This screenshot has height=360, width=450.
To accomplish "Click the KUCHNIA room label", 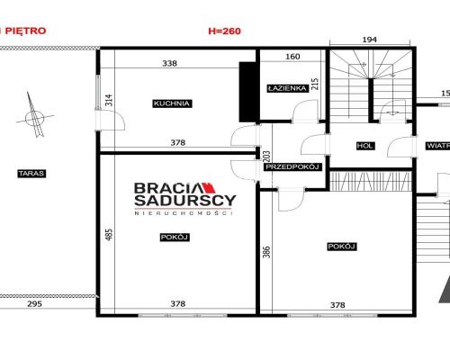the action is tap(172, 103).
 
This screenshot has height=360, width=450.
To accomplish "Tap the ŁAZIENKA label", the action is tap(287, 88).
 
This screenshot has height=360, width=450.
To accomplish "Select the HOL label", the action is tap(365, 146).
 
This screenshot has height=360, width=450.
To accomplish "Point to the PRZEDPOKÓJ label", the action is tap(292, 166).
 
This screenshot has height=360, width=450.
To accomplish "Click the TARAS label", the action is tap(31, 174).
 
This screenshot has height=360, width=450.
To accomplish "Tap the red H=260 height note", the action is tap(225, 31).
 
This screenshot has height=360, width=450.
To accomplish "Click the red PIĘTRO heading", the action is tap(26, 31).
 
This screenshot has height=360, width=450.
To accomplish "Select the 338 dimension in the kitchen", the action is tap(170, 63).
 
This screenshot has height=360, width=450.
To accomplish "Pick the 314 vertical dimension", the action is tap(109, 100).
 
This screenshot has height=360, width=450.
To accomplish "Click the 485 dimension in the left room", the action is tap(109, 234).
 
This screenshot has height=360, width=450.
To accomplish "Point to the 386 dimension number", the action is tap(266, 252).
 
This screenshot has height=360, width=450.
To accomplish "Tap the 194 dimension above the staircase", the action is tap(370, 40).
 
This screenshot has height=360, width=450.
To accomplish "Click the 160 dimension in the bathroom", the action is tap(292, 57).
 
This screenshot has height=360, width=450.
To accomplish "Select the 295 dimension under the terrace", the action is tap(35, 304).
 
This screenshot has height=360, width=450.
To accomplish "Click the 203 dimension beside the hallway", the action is tap(266, 157).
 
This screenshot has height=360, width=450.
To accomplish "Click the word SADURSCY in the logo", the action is tap(185, 201).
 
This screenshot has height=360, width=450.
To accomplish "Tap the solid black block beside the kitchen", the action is tap(247, 92).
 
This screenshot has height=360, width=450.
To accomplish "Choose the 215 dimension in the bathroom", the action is tap(315, 85).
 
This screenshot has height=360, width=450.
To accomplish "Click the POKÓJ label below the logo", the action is tap(175, 238).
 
